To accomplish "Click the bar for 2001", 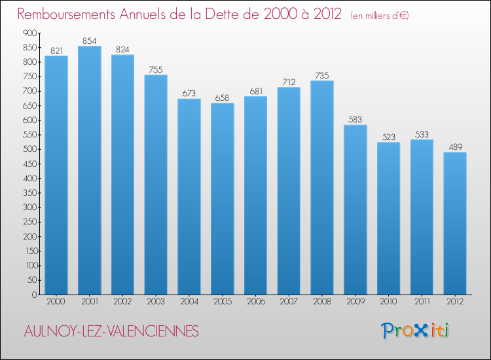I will coord(90,170).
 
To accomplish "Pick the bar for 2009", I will coord(355,209).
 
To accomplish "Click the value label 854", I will coord(90,41).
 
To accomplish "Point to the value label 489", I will coord(455,147).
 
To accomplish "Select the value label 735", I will coord(322,76).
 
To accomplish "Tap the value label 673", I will coord(189,94).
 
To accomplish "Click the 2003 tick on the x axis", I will coord(156,302).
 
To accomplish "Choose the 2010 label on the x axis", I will coord(389,302).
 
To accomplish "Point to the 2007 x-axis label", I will coord(289,302).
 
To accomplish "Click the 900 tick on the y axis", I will coord(28,33).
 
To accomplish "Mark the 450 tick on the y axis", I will coord(28,164).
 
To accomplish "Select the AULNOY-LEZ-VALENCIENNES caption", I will coord(109,332).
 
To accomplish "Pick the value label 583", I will coord(355,120).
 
